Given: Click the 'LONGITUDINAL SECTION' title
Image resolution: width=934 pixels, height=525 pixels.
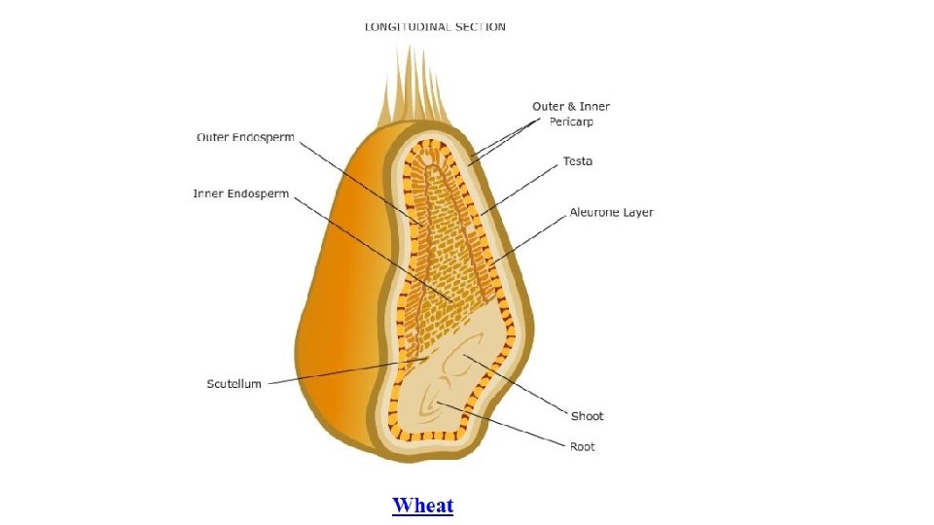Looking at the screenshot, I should [435, 26].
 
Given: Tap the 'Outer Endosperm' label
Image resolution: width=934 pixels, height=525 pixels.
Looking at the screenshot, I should [245, 138].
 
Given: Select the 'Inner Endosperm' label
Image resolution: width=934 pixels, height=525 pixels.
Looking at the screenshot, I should [241, 193].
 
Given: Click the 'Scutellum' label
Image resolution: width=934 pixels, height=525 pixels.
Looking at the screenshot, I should [233, 384].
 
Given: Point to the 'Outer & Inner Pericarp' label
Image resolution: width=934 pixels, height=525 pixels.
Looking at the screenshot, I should [571, 106].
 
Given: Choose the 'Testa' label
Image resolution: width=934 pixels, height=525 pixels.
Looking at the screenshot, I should [578, 161].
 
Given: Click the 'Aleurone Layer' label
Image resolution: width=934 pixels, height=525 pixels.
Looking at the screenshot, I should [611, 213].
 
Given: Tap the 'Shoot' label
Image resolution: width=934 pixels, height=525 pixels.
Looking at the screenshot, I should [587, 416].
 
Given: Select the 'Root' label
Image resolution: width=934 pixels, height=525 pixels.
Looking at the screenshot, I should [583, 446].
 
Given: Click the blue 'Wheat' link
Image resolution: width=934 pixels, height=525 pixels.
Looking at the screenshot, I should [422, 506].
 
